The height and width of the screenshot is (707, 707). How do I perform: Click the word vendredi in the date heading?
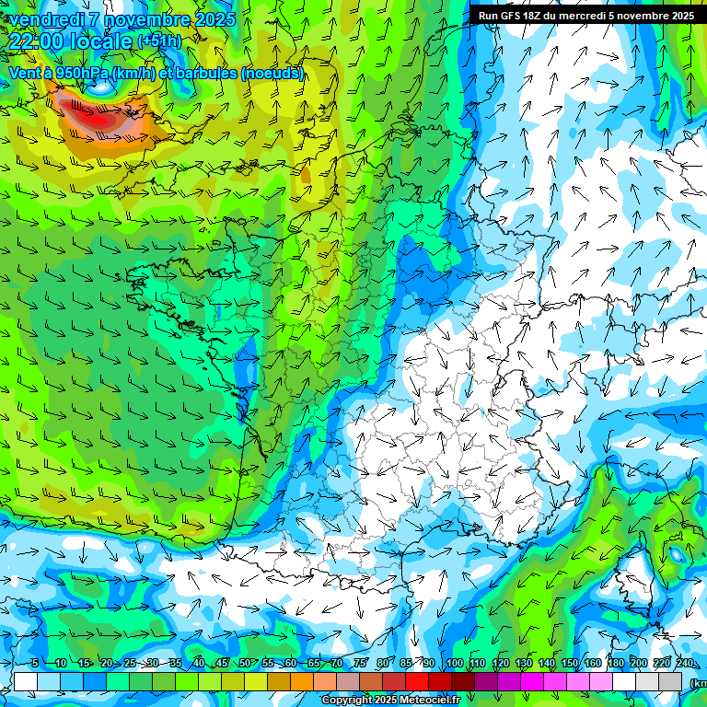point(47,18)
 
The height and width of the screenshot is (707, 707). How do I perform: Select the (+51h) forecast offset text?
point(159,41)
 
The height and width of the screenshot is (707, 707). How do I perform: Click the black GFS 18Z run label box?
point(585,15)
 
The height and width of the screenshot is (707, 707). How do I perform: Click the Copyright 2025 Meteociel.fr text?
point(391,701)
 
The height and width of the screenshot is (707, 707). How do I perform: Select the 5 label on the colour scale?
point(34,663)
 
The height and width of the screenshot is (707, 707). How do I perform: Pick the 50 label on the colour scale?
point(244,663)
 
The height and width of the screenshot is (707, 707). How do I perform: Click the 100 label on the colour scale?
point(454,663)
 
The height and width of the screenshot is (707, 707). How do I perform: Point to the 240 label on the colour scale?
point(684,663)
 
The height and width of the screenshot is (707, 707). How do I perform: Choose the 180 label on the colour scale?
point(615,663)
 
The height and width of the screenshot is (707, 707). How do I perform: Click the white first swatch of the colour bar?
point(26,681)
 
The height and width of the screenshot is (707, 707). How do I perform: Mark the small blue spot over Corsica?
point(678,555)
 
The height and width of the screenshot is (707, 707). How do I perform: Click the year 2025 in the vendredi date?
point(214,18)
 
